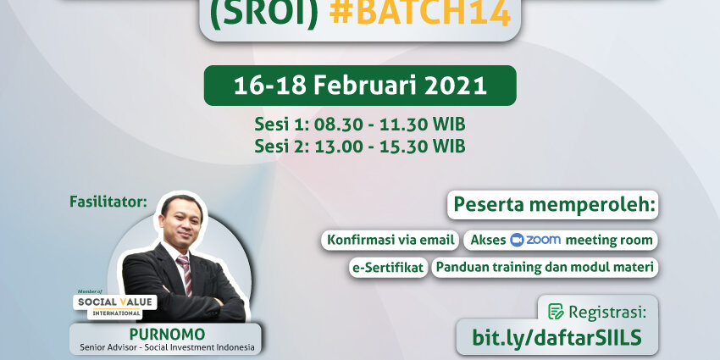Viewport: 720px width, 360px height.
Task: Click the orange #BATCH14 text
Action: coord(420,14)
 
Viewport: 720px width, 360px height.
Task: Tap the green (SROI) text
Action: coord(263,14)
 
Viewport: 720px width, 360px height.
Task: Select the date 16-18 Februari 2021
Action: coord(360,86)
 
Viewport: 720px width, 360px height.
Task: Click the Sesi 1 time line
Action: coord(360,125)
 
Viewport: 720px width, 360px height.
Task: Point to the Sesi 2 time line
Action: coord(360,146)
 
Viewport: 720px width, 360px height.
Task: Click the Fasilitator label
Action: coord(108,202)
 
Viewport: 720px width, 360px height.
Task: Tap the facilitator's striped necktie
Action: coord(185,274)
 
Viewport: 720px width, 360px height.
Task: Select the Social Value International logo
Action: coord(115,304)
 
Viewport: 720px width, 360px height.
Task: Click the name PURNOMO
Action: coord(167,334)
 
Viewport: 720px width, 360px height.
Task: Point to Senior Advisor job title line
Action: coord(167,347)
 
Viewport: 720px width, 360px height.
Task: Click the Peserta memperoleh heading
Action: coord(553,205)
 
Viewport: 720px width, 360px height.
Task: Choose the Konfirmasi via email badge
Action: coord(390,240)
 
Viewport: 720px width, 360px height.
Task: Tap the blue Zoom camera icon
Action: coord(517,241)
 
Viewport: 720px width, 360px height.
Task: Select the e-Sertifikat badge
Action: coord(389,268)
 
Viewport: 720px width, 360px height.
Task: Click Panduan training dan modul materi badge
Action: coord(545,267)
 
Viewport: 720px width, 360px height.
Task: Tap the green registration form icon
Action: coord(556,312)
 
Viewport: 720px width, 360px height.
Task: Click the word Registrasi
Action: coord(607,313)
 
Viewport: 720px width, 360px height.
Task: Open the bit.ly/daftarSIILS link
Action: coord(557,337)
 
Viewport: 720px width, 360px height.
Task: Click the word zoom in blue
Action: coord(543,240)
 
